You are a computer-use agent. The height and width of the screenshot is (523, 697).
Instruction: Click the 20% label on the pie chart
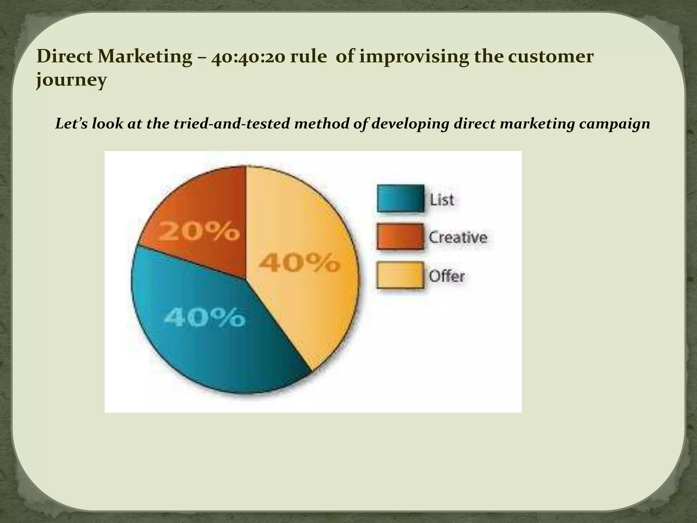coord(199,232)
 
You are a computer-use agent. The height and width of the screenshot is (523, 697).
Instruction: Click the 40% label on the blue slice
coord(204,318)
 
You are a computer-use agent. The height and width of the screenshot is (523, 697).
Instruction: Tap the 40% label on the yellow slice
coord(299,263)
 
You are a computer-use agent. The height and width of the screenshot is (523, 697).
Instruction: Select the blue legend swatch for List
coord(401,199)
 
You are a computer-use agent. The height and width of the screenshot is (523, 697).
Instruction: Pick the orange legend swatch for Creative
coord(401,237)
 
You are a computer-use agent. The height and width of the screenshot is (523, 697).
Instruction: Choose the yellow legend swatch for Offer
coord(401,275)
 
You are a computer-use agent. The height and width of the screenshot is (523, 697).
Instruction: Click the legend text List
coord(442,200)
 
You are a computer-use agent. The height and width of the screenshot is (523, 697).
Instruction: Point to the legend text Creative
coord(458,237)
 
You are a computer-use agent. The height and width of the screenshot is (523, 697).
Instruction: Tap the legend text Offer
coord(447,276)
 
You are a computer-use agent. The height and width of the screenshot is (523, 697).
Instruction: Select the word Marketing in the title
coord(145,57)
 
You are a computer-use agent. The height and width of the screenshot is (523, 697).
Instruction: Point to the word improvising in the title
coord(413,57)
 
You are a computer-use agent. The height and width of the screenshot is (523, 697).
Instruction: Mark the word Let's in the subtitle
coord(71,124)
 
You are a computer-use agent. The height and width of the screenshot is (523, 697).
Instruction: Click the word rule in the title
coord(308,57)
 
